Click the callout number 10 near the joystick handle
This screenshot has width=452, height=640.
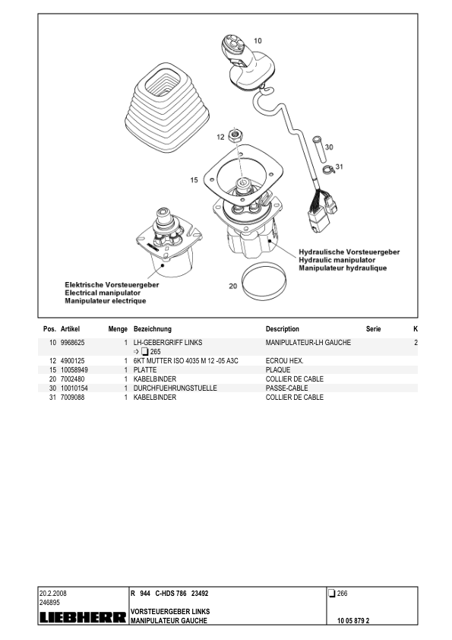[258, 40]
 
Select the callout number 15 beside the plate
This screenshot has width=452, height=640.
[194, 180]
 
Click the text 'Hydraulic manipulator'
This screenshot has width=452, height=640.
[333, 260]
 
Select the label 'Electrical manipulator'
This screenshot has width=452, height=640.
[103, 293]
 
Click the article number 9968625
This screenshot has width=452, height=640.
[72, 344]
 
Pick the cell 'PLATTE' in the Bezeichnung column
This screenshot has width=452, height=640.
[145, 369]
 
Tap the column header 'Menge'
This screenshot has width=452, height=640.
[117, 329]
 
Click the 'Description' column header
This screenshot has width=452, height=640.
[282, 329]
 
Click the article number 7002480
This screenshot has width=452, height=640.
[72, 379]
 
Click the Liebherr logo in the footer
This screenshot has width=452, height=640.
[83, 618]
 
